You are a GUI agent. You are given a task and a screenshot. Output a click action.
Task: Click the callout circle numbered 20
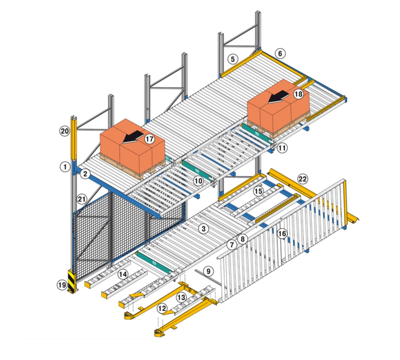point(64,131)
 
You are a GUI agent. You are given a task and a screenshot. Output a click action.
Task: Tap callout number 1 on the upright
point(65,167)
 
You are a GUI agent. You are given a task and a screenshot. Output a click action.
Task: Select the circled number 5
point(233,59)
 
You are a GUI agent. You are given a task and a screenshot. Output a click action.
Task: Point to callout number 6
point(280,54)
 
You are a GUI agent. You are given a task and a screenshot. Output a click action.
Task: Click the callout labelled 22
point(302,179)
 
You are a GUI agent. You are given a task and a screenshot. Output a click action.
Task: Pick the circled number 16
point(282,234)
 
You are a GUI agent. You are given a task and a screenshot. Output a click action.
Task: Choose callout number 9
point(208,271)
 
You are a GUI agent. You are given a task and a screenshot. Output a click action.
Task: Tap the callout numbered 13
point(181,297)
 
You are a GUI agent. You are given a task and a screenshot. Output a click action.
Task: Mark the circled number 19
point(62,285)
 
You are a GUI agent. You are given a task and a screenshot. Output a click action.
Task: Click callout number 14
point(123,274)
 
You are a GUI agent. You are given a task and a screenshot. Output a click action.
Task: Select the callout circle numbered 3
point(203,229)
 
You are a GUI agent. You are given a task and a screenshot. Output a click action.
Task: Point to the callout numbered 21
point(82,199)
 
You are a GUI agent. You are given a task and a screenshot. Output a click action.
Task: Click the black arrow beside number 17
point(133,137)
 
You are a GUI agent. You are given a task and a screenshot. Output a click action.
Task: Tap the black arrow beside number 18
point(278,97)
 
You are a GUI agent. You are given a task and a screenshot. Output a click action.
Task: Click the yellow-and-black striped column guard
point(72,281)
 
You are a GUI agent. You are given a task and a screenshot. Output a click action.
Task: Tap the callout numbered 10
point(198,181)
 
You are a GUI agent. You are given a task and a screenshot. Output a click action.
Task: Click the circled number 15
point(258,191)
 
